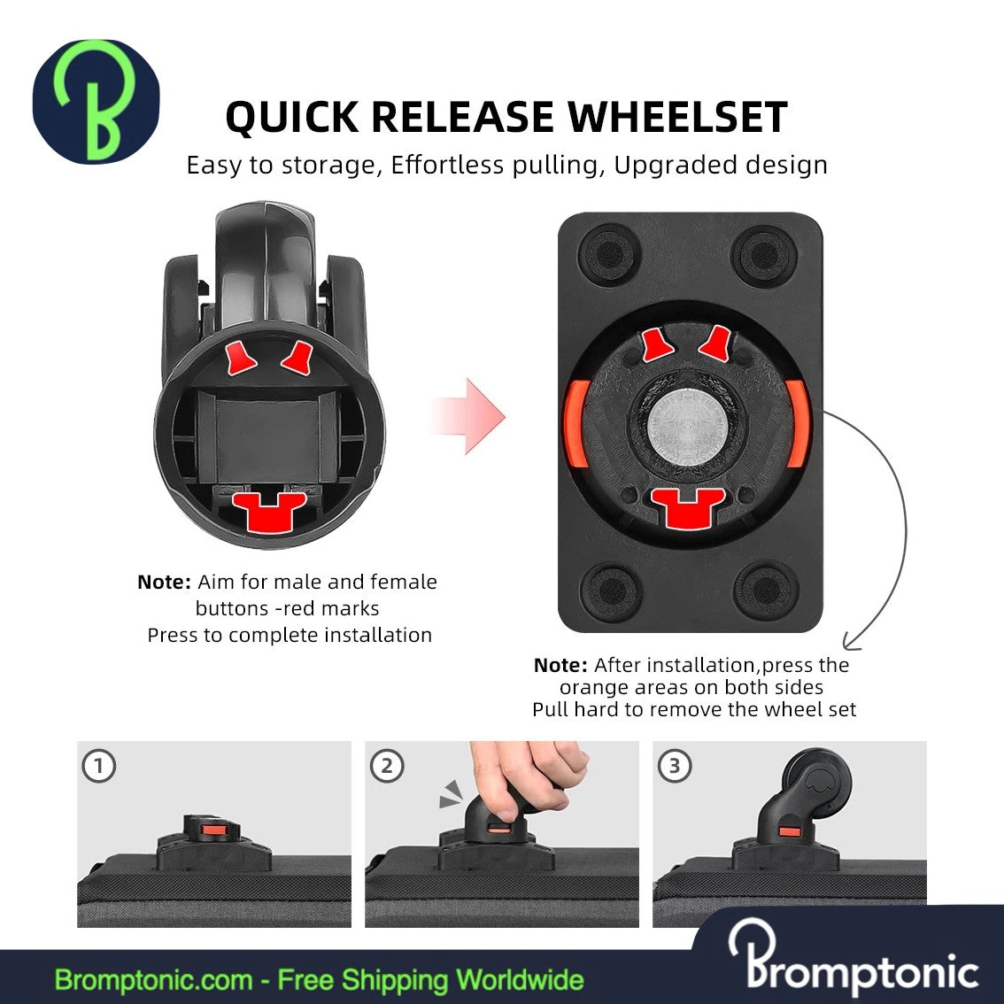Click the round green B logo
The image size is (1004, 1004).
(x=96, y=101)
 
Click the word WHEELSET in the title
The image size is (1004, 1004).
(x=677, y=117)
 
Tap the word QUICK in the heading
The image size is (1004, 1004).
(x=292, y=118)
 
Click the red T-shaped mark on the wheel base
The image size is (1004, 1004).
(x=269, y=512)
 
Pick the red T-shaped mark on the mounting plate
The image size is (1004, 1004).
(x=688, y=508)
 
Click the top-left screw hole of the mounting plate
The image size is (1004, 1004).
(x=609, y=254)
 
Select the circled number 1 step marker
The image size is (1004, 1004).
(x=99, y=766)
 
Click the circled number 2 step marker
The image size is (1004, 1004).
(x=388, y=766)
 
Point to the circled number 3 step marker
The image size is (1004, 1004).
(x=675, y=766)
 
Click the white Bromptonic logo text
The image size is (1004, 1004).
(x=853, y=961)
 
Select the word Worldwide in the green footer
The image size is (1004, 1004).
(x=520, y=980)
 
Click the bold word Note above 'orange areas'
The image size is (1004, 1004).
(x=560, y=665)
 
